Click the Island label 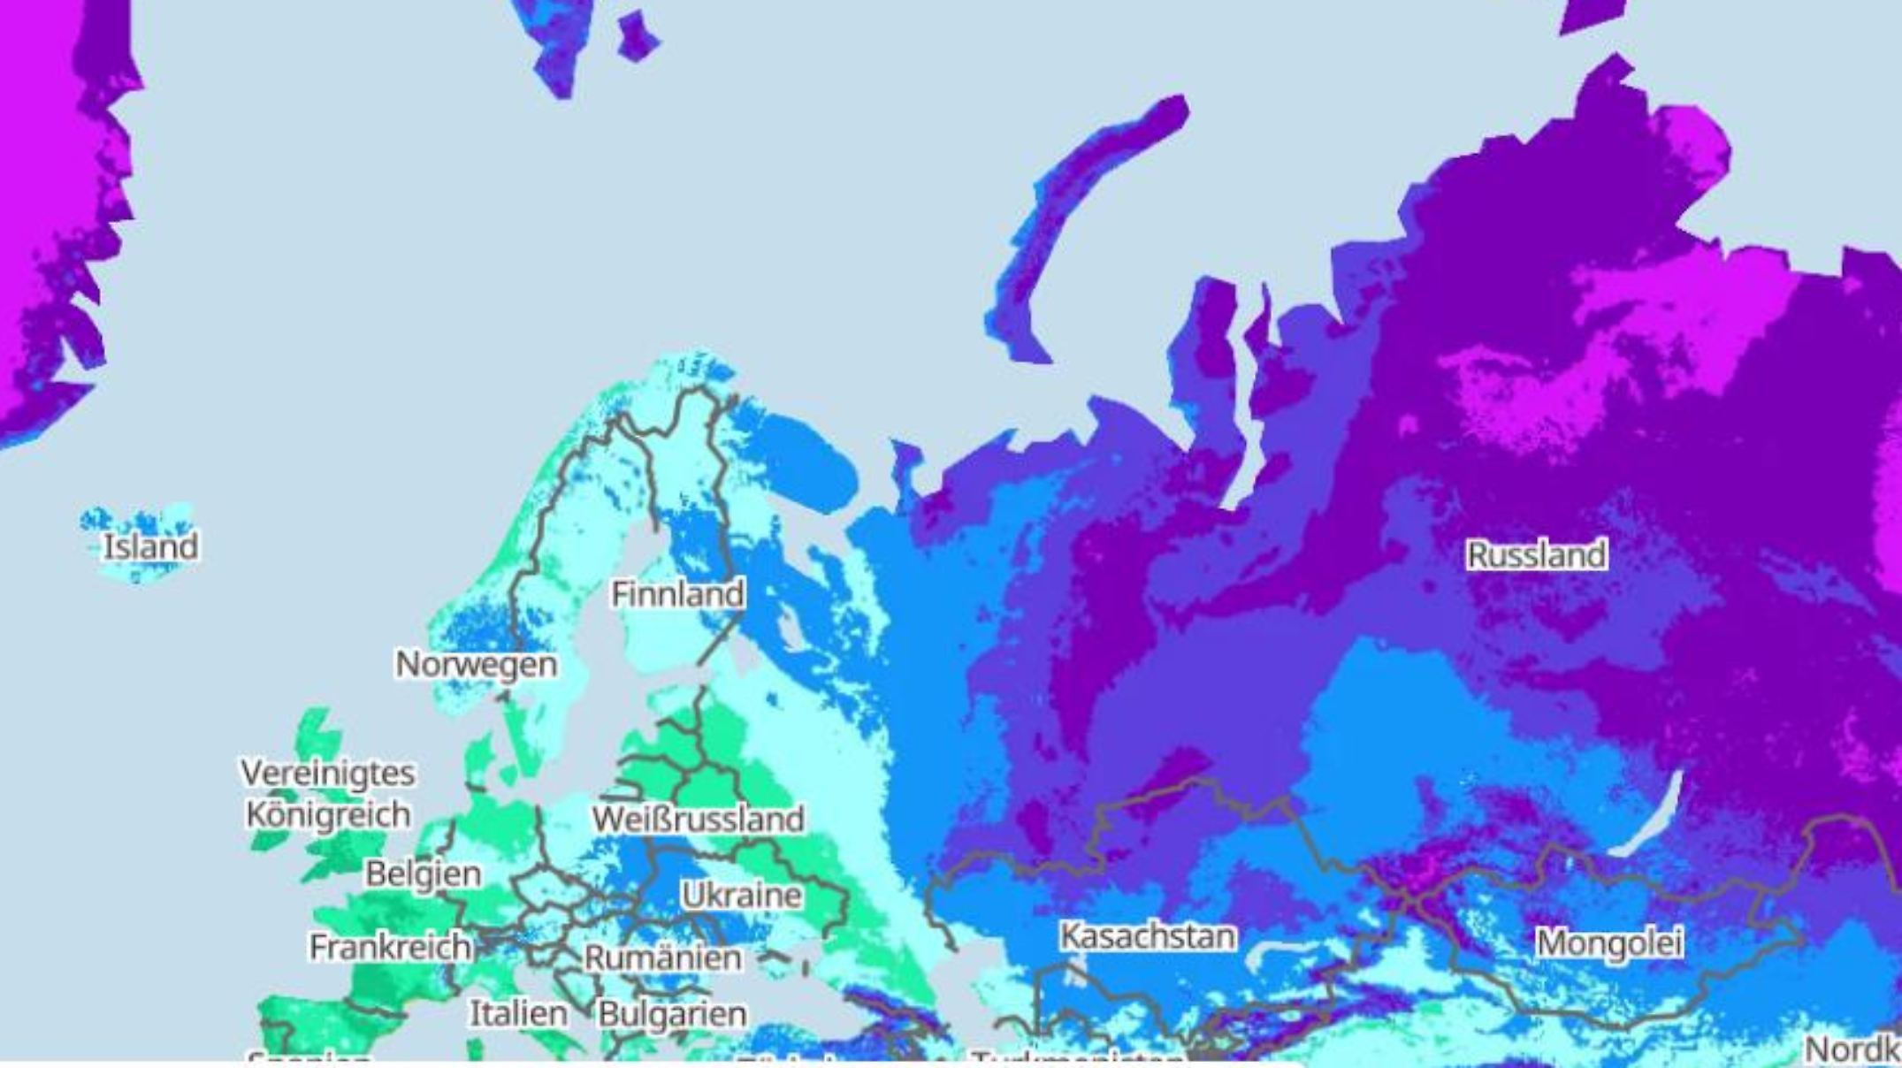coord(150,546)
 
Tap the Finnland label coord(677,593)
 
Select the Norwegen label coord(476,664)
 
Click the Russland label coord(1536,555)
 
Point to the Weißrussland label coord(698,819)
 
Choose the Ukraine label coord(742,895)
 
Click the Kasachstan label coord(1148,935)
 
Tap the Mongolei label coord(1608,942)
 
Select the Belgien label coord(424,873)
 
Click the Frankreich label coord(390,947)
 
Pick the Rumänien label coord(663,957)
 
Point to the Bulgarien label coord(672,1013)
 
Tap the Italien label coord(518,1013)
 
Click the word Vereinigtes coord(327,773)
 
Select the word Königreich coord(327,814)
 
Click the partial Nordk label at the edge coord(1852,1049)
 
